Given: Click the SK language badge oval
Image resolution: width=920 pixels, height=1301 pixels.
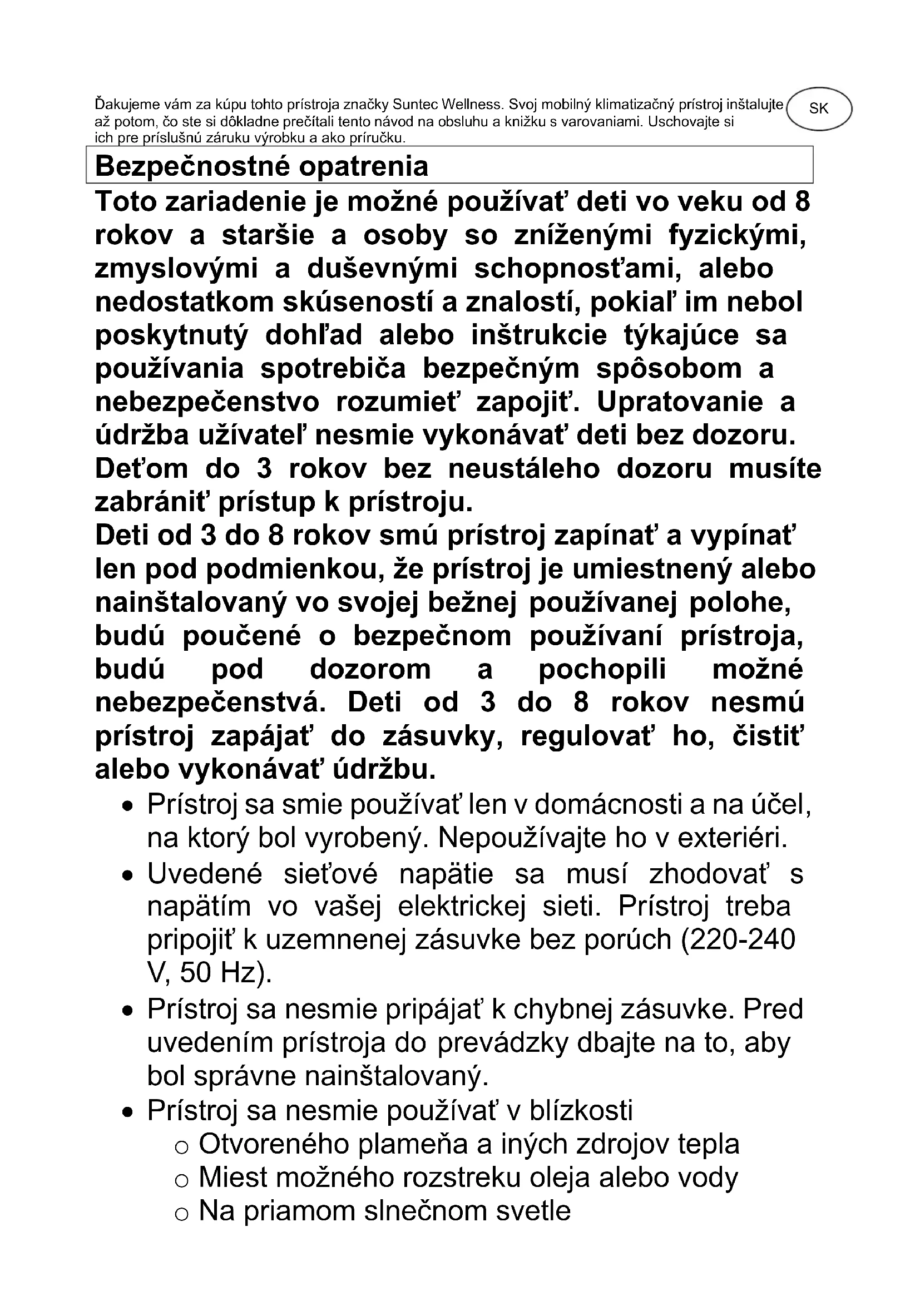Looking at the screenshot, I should [819, 108].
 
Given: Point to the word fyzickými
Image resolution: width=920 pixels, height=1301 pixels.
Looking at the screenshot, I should [737, 235].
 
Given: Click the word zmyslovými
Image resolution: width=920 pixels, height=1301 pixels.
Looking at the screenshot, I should [176, 269].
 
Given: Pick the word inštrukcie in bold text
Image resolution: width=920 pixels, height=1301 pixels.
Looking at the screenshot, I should [539, 335].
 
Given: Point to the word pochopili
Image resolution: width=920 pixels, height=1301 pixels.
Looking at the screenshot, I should [602, 670].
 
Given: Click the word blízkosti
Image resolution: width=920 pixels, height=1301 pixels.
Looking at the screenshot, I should [581, 1110].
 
